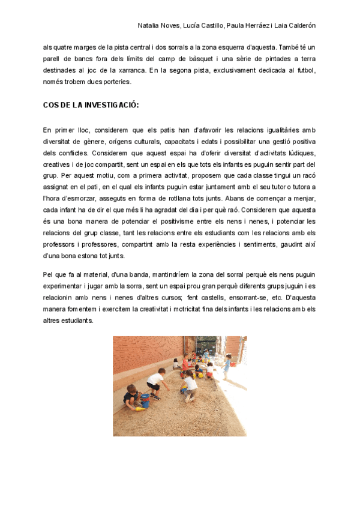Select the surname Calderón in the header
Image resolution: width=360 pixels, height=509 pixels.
pyautogui.click(x=299, y=26)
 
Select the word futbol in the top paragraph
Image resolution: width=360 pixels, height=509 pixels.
pyautogui.click(x=303, y=70)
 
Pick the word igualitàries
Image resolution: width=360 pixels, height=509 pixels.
pyautogui.click(x=264, y=130)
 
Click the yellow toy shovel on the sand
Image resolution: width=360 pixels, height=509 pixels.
pyautogui.click(x=140, y=408)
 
